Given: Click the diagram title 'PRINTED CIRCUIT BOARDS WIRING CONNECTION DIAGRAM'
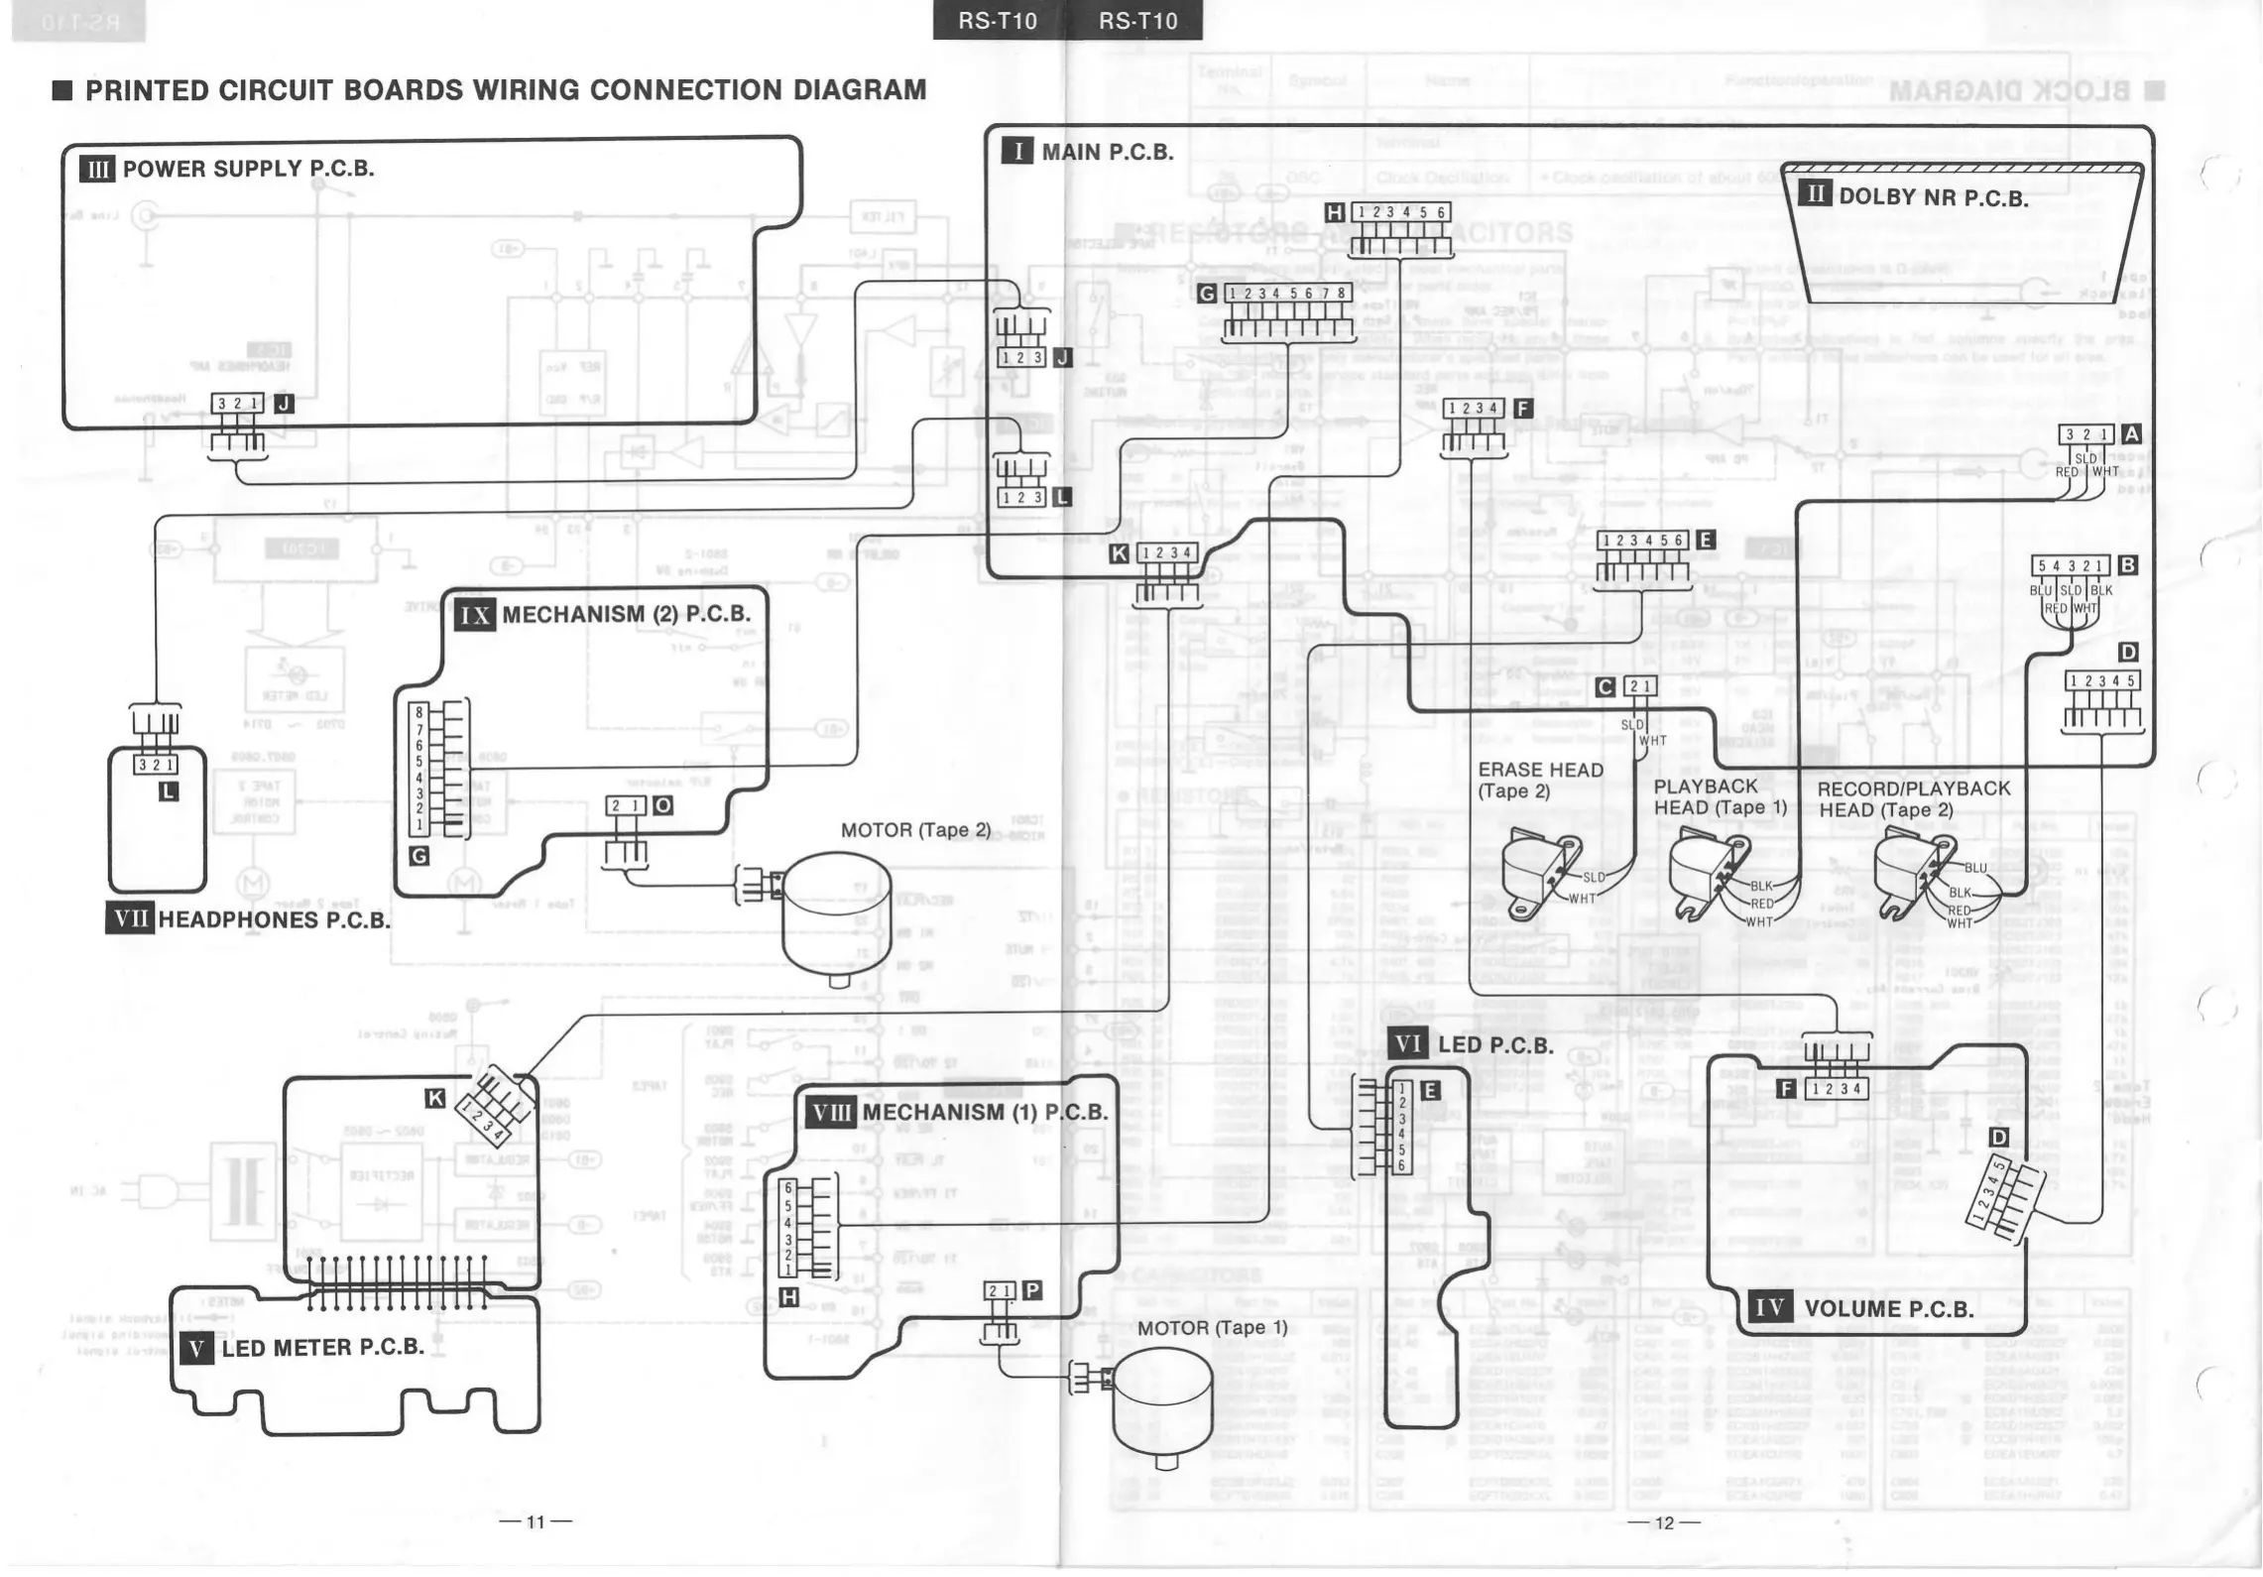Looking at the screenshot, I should point(505,90).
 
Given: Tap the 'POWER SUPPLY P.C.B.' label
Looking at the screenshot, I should point(248,169).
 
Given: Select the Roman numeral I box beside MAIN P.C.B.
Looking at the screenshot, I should point(1016,151).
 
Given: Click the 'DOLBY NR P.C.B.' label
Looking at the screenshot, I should point(1933,197).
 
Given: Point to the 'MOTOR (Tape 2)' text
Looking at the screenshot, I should point(915,830).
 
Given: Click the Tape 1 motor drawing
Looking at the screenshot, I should point(1161,1408).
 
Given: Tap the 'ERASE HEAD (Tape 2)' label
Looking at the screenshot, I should point(1540,780).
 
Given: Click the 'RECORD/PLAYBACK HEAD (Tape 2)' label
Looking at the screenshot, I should point(1913,798).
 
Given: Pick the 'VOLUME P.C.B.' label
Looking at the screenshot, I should point(1888,1308).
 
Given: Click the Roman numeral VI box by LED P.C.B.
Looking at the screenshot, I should point(1407,1043).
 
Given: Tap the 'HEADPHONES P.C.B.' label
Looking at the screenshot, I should point(274,919).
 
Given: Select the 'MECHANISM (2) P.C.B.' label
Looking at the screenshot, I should point(626,614).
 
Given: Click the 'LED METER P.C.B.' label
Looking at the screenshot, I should point(322,1347).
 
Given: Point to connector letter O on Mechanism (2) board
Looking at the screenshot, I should point(662,805).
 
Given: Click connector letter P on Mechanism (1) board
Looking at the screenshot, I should point(1031,1289).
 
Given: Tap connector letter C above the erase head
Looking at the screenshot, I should point(1605,686).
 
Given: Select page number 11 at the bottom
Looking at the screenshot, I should point(536,1521).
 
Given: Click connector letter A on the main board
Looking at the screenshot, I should point(2130,433).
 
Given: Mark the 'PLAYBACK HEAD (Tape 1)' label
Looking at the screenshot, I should point(1720,796).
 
